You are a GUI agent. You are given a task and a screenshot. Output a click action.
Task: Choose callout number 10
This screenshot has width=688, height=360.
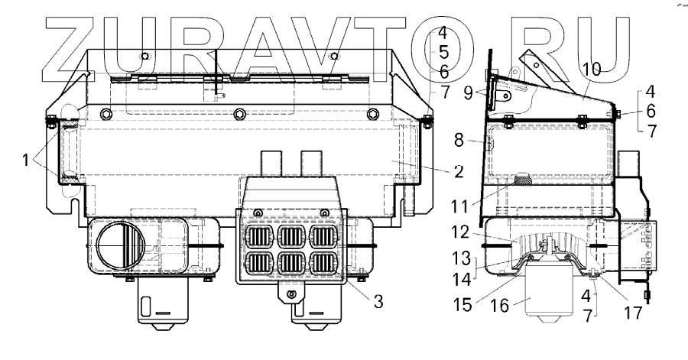click(592, 70)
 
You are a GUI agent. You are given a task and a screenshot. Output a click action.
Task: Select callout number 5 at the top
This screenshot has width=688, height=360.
click(443, 52)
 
